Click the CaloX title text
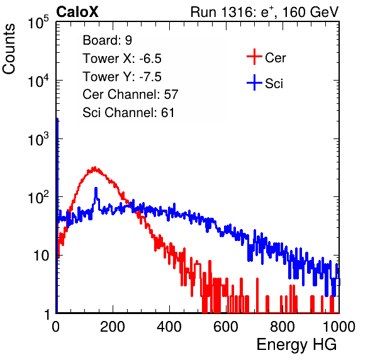tap(77, 12)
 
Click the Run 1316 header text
tap(264, 12)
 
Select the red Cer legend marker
tap(254, 57)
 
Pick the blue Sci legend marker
tap(254, 83)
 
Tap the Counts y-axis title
tap(9, 49)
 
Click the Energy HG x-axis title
tap(296, 345)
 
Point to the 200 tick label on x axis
tap(112, 327)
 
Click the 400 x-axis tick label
tap(169, 327)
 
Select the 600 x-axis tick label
tap(226, 327)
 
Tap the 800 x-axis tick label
tap(283, 327)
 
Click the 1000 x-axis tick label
tap(339, 327)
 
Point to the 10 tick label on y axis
tap(41, 256)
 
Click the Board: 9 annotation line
tap(107, 40)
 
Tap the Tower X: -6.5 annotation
tap(122, 59)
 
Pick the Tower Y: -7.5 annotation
tap(122, 77)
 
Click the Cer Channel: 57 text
tap(130, 94)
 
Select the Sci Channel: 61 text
tap(128, 113)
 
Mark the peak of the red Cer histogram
tap(95, 167)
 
